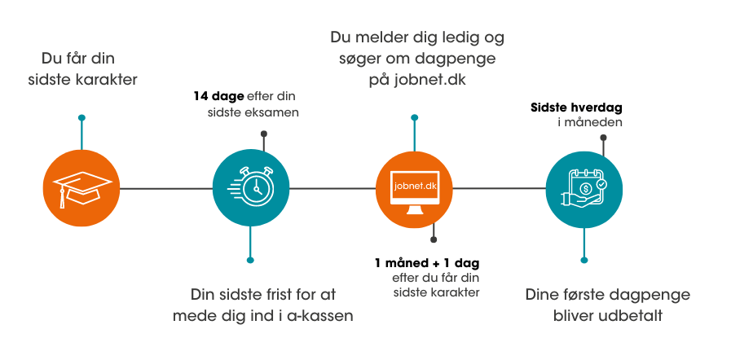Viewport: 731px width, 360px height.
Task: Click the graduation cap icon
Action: pyautogui.click(x=82, y=189)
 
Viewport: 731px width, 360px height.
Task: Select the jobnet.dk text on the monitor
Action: pyautogui.click(x=414, y=186)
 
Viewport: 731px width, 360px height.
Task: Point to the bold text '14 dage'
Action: pyautogui.click(x=218, y=96)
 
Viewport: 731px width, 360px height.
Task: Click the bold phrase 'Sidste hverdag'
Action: pyautogui.click(x=576, y=108)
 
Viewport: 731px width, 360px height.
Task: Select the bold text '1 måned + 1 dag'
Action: pyautogui.click(x=427, y=264)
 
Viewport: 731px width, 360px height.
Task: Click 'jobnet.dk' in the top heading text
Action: pyautogui.click(x=429, y=81)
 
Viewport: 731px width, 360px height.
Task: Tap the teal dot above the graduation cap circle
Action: pyautogui.click(x=81, y=117)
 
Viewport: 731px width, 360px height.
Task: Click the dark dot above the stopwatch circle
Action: pyautogui.click(x=264, y=134)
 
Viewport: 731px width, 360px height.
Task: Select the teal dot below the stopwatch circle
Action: pyautogui.click(x=250, y=260)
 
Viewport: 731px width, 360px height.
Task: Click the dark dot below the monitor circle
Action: pyautogui.click(x=434, y=239)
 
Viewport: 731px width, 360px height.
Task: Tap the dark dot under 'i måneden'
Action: pyautogui.click(x=603, y=138)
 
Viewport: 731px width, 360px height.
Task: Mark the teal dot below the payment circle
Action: pyautogui.click(x=584, y=260)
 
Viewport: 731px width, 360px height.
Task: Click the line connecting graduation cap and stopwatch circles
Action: pyautogui.click(x=166, y=189)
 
